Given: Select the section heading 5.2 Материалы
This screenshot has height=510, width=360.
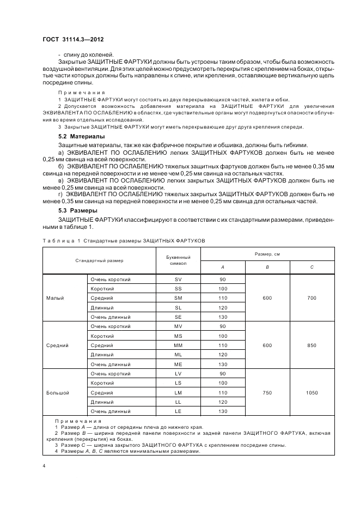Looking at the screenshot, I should click(x=82, y=136).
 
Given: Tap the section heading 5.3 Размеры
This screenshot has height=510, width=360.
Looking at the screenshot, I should click(x=78, y=210).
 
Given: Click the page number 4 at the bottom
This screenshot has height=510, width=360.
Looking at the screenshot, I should click(x=44, y=465).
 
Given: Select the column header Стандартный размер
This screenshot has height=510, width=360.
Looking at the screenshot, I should click(x=99, y=260).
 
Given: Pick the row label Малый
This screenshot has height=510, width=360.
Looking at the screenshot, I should click(x=55, y=298).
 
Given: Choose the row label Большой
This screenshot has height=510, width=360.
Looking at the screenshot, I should click(x=57, y=392).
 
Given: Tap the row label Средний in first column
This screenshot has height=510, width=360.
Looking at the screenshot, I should click(x=57, y=345).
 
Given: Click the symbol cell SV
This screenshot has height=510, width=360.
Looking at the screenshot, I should click(x=178, y=280).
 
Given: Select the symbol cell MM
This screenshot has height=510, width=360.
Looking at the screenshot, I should click(x=178, y=345).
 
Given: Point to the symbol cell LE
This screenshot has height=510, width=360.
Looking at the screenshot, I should click(x=178, y=411).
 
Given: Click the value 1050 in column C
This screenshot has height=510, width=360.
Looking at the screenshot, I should click(x=312, y=392).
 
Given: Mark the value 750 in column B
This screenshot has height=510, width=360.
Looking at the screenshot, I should click(x=267, y=392).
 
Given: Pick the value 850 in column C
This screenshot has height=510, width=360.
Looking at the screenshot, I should click(x=312, y=345).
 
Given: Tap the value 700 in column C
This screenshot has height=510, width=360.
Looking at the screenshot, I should click(x=312, y=298).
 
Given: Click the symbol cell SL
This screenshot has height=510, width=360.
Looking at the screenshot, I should click(x=178, y=307).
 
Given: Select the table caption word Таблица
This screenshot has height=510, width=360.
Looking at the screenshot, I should click(x=55, y=240).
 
